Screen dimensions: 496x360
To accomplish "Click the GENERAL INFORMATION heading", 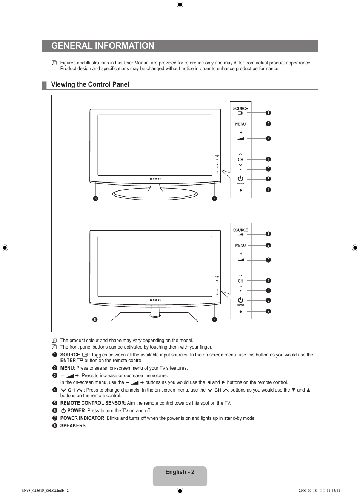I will click(103, 46).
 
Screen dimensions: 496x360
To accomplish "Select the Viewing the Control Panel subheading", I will click(90, 84).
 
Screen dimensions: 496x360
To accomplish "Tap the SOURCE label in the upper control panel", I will click(240, 109).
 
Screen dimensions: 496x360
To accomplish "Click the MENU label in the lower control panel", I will click(240, 245).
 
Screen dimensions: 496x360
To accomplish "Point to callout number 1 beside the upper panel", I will click(268, 113).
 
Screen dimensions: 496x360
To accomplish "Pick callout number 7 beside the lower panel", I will click(268, 311).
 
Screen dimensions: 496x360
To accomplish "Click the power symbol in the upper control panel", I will click(240, 178).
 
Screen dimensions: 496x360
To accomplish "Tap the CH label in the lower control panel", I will click(240, 281).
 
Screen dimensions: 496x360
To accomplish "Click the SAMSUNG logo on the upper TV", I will click(155, 179).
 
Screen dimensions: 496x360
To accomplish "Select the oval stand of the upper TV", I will click(155, 194).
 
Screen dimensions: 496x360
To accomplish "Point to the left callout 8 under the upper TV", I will click(95, 198).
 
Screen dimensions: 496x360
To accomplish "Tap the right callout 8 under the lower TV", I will click(214, 319).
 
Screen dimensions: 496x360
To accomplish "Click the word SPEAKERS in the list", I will click(73, 426).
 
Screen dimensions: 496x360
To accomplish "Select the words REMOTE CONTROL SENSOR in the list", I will click(92, 403).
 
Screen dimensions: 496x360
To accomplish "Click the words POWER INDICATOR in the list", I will click(82, 418).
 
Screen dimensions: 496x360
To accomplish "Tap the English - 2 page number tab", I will click(180, 472).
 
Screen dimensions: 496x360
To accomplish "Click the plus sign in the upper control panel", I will click(241, 133).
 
